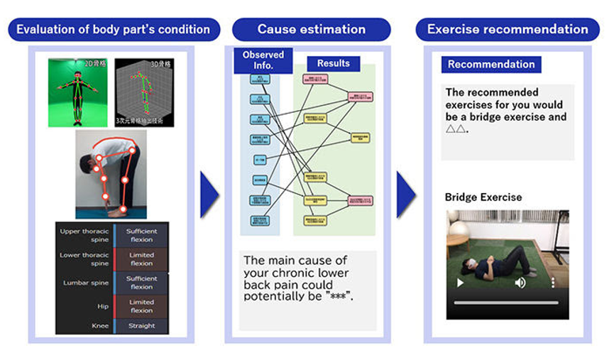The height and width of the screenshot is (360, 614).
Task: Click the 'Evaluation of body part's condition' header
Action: pyautogui.click(x=113, y=30)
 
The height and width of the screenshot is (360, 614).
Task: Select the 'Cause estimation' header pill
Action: pyautogui.click(x=311, y=30)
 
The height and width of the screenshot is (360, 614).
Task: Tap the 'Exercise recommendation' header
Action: pyautogui.click(x=507, y=30)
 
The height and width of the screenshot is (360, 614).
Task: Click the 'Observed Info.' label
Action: pyautogui.click(x=263, y=60)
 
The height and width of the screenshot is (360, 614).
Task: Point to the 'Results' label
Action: pyautogui.click(x=333, y=63)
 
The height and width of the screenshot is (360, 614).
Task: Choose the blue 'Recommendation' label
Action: pyautogui.click(x=491, y=65)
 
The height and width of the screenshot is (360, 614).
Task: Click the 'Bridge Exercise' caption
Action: pyautogui.click(x=483, y=197)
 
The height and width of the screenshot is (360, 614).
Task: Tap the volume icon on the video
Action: pyautogui.click(x=520, y=283)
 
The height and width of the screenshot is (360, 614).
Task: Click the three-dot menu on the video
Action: pyautogui.click(x=554, y=283)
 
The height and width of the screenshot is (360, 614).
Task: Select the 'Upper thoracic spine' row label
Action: pyautogui.click(x=84, y=235)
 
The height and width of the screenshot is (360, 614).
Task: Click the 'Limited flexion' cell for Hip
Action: pyautogui.click(x=141, y=306)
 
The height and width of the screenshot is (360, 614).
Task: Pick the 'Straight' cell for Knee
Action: pyautogui.click(x=141, y=326)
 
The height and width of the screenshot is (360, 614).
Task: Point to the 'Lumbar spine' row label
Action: pyautogui.click(x=84, y=283)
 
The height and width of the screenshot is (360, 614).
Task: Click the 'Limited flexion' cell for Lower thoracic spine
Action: pyautogui.click(x=141, y=259)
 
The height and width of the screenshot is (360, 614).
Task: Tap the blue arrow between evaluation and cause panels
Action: pyautogui.click(x=210, y=195)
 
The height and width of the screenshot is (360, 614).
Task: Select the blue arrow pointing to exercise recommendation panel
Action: pyautogui.click(x=406, y=195)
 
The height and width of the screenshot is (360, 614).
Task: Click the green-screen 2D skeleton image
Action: pyautogui.click(x=78, y=92)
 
